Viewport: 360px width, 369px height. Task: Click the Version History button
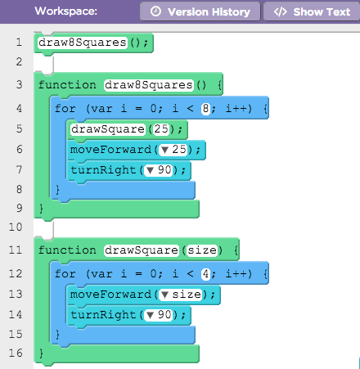coord(200,11)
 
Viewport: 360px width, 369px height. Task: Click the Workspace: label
coord(66,11)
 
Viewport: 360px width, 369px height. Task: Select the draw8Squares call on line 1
coord(83,43)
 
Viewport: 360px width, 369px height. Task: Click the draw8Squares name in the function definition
coord(149,85)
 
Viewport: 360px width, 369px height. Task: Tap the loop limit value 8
coord(205,109)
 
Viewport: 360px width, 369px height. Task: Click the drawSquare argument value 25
coord(161,129)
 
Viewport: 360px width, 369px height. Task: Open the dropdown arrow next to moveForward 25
coord(164,150)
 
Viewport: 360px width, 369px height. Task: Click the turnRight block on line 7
coord(128,170)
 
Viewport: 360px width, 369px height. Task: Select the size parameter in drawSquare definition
coord(202,250)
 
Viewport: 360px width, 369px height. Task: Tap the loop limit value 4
coord(205,274)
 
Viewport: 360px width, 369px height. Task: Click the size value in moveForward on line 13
coord(187,295)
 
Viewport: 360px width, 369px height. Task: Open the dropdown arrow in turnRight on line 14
coord(150,315)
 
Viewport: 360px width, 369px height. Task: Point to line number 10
coord(16,227)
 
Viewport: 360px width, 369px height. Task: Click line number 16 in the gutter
coord(16,353)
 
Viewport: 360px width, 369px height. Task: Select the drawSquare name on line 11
coord(142,250)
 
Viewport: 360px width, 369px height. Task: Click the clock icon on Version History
coord(155,11)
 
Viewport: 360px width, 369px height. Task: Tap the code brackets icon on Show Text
coord(281,11)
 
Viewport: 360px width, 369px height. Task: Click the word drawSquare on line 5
coord(108,129)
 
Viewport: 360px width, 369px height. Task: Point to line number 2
coord(19,61)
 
